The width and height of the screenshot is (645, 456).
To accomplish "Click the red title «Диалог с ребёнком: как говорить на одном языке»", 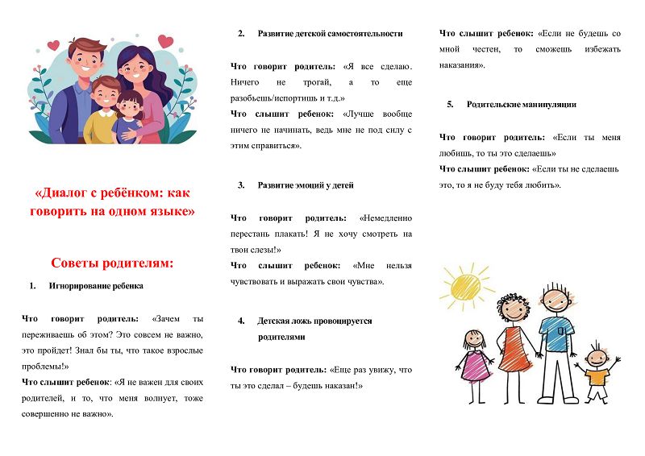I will pyautogui.click(x=115, y=203).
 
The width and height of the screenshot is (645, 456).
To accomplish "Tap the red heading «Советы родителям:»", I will pyautogui.click(x=112, y=263).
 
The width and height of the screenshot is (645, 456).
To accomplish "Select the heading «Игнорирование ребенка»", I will pyautogui.click(x=97, y=285).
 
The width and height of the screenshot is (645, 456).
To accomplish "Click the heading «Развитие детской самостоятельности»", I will pyautogui.click(x=330, y=34).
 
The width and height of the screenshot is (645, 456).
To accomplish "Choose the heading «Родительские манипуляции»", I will pyautogui.click(x=522, y=105).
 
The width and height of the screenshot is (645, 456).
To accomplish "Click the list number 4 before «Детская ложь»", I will pyautogui.click(x=241, y=321).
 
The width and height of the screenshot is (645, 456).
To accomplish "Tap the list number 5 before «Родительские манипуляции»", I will pyautogui.click(x=450, y=105).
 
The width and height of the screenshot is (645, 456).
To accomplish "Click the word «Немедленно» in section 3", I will pyautogui.click(x=386, y=218).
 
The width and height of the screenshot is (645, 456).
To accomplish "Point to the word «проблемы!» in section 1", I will pyautogui.click(x=45, y=367).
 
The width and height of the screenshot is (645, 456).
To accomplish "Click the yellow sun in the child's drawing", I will pyautogui.click(x=464, y=285).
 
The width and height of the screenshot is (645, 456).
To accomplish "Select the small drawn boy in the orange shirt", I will pyautogui.click(x=597, y=373).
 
